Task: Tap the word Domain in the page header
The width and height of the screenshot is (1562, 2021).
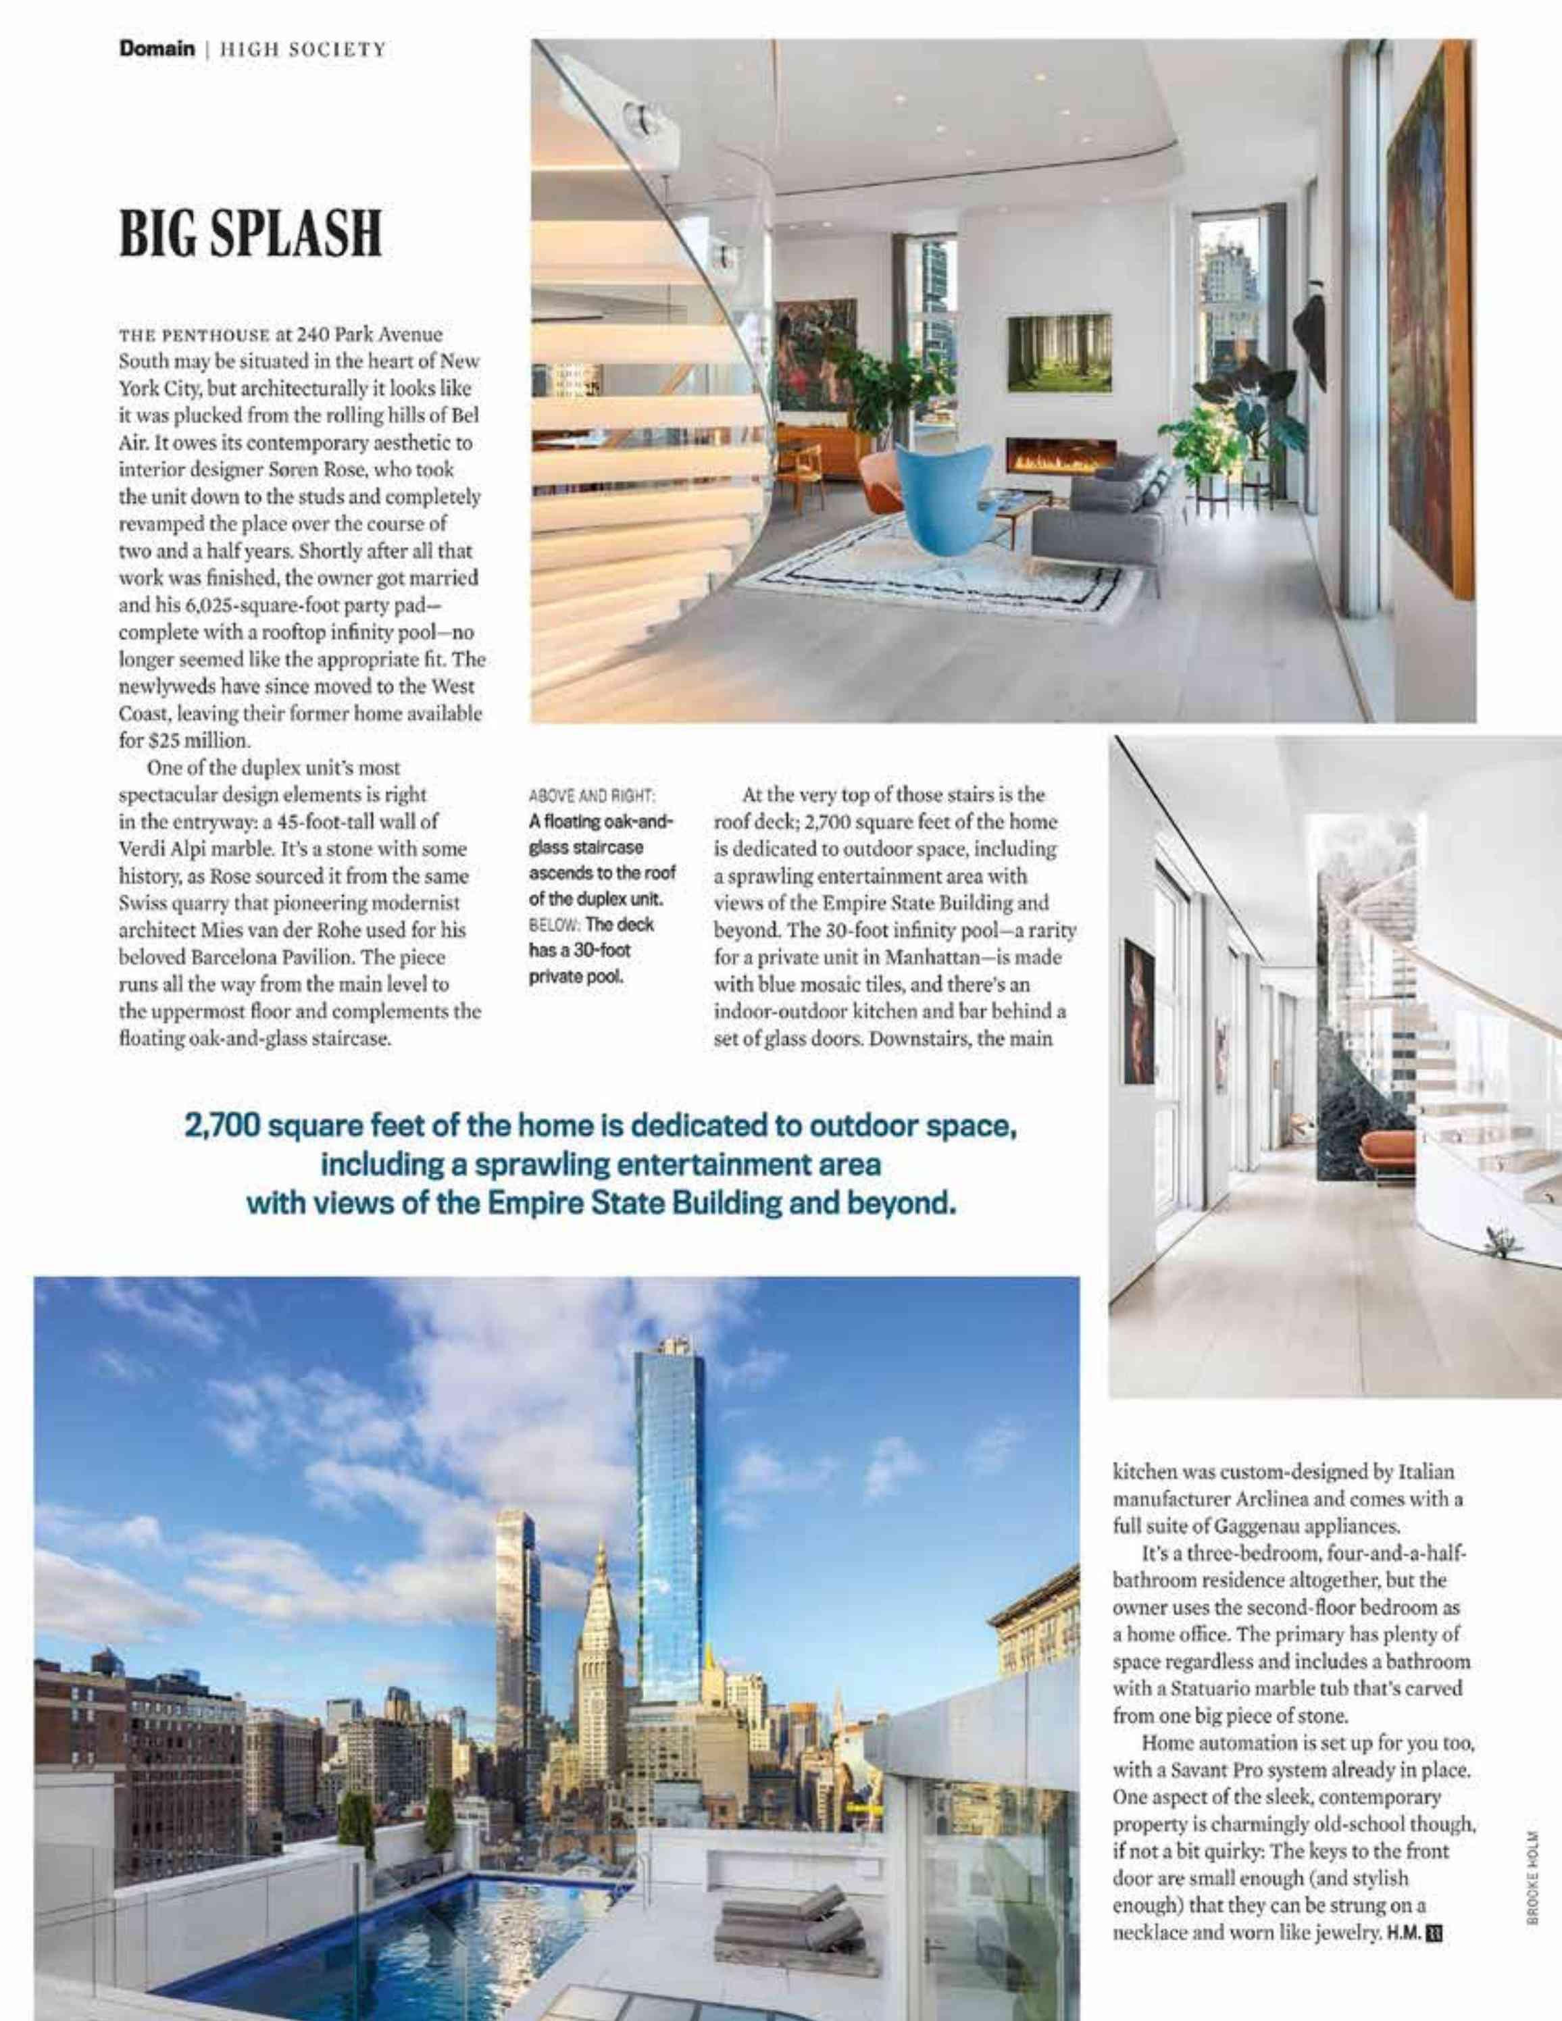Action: coord(155,49)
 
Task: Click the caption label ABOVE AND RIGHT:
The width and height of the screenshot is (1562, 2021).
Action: coord(593,795)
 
